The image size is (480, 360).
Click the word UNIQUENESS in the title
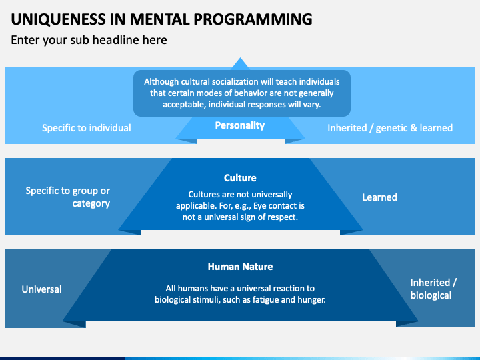59,19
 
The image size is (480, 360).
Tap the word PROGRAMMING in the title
253,19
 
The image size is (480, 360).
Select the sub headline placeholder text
89,40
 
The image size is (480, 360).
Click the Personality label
240,125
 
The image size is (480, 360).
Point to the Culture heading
240,178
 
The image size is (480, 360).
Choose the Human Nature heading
240,267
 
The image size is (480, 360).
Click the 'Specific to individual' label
86,128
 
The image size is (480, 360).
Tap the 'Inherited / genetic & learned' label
390,128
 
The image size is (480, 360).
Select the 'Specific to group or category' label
67,197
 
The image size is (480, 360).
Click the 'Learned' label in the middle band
379,197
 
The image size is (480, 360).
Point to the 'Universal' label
41,289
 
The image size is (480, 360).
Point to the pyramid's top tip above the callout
240,57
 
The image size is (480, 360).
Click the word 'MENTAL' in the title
160,19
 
